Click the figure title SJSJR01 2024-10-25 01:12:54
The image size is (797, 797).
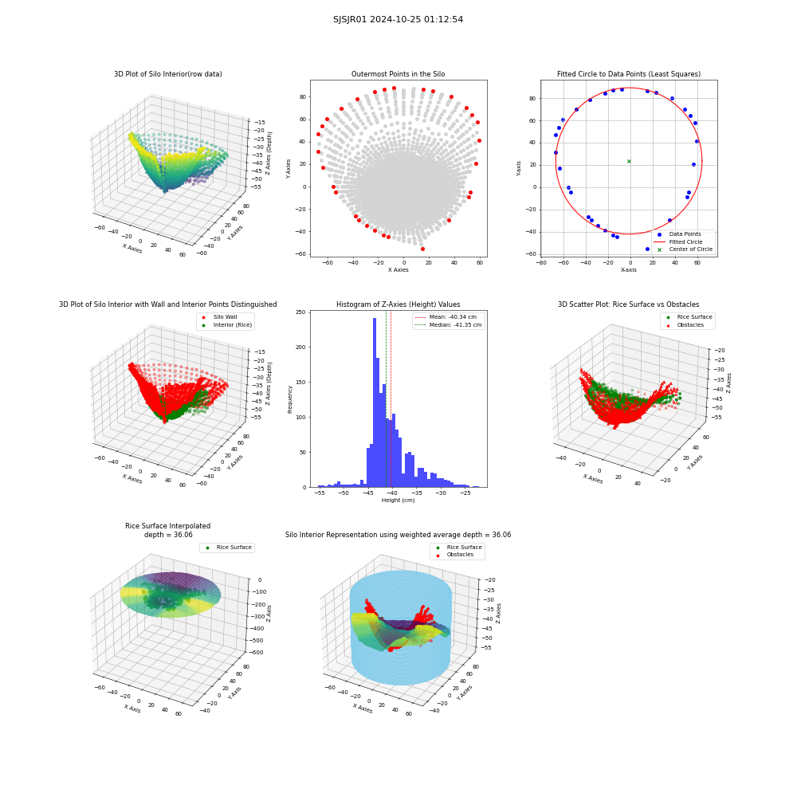pos(398,19)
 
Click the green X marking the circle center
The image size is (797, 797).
pos(629,161)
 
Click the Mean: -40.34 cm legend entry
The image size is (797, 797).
pos(446,316)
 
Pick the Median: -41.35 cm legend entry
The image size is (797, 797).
pos(448,325)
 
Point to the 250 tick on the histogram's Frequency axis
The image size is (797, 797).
pos(300,312)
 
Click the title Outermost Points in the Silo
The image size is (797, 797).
pos(398,74)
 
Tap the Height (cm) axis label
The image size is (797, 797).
pos(398,501)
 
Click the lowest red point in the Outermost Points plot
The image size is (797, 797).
pos(422,249)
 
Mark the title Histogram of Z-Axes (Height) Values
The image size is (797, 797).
pos(398,304)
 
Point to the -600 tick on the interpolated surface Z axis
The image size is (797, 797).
pos(256,652)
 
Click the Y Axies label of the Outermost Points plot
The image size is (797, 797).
pos(289,169)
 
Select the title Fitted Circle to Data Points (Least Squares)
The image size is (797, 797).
pos(629,74)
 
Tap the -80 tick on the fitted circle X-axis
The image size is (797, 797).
pos(541,263)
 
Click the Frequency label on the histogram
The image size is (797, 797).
pos(290,399)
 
